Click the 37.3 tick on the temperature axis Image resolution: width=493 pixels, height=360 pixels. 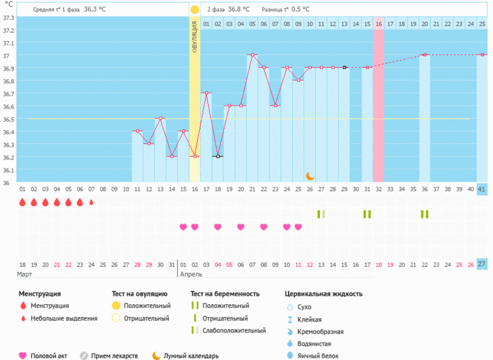[x=8, y=17]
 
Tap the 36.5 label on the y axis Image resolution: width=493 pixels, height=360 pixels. [x=8, y=119]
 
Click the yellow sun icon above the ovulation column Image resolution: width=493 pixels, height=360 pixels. [x=195, y=10]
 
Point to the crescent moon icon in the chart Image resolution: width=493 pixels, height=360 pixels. [x=310, y=176]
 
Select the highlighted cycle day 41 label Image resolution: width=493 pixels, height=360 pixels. [x=482, y=189]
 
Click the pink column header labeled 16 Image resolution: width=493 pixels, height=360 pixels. [x=378, y=24]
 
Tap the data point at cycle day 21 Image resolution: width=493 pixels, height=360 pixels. [x=252, y=55]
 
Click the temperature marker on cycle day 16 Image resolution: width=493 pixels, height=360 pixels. [x=195, y=156]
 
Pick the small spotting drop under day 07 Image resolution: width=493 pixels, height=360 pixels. [x=91, y=202]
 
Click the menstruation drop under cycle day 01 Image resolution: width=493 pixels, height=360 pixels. [x=22, y=202]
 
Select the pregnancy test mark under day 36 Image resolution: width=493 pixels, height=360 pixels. [x=424, y=214]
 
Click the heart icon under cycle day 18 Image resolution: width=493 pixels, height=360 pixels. [x=218, y=227]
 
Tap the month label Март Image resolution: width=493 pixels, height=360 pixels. [x=24, y=274]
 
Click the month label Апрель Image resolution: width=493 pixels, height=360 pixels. [x=191, y=274]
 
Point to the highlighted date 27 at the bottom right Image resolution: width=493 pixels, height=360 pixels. [x=482, y=264]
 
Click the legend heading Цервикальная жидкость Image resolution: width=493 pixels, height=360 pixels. [x=323, y=294]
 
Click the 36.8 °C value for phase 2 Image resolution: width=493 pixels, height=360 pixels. [x=239, y=10]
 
